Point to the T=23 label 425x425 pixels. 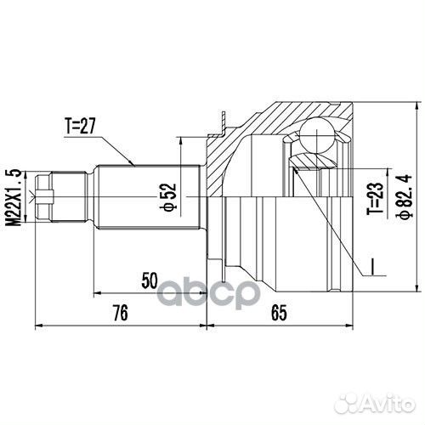click(372, 199)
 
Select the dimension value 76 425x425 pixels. click(119, 314)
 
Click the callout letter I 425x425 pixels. click(372, 271)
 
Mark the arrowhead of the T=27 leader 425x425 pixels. click(133, 161)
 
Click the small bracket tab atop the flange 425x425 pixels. click(221, 119)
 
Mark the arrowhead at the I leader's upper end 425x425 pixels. click(295, 170)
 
